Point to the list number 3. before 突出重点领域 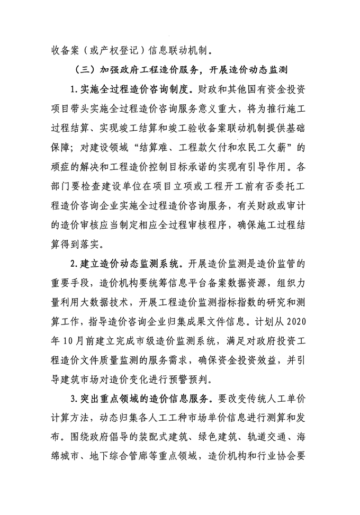(73, 403)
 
